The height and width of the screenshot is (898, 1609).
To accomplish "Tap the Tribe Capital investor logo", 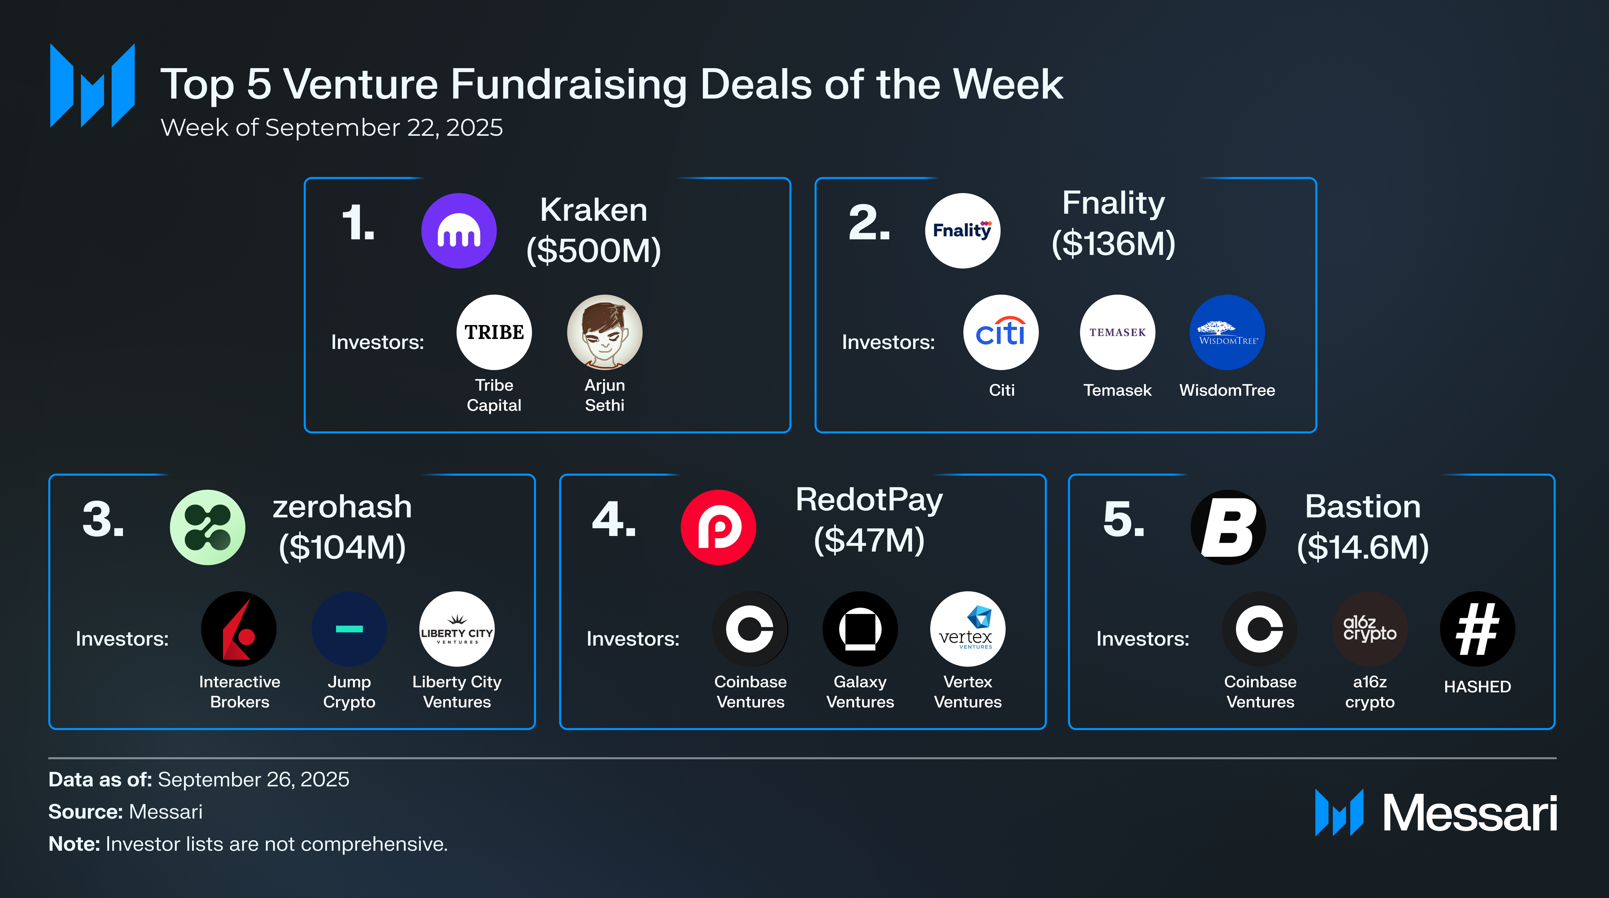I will click(494, 332).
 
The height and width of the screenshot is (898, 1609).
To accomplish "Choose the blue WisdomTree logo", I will click(1227, 332).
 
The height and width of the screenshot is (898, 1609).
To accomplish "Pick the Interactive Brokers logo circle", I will click(239, 629).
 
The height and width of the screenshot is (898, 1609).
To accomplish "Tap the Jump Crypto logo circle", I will click(349, 629).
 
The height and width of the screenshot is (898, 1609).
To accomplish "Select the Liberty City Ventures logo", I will click(457, 629).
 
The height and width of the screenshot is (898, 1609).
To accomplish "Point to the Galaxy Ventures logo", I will click(860, 629).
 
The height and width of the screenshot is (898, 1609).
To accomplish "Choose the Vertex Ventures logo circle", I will click(967, 629).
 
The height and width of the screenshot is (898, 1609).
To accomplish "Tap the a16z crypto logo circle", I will click(1370, 629).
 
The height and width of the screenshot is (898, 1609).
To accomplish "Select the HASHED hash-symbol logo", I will click(1477, 629).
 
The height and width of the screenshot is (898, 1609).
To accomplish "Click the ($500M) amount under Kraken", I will click(593, 250).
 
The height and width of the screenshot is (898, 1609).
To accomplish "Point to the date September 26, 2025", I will click(254, 779).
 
